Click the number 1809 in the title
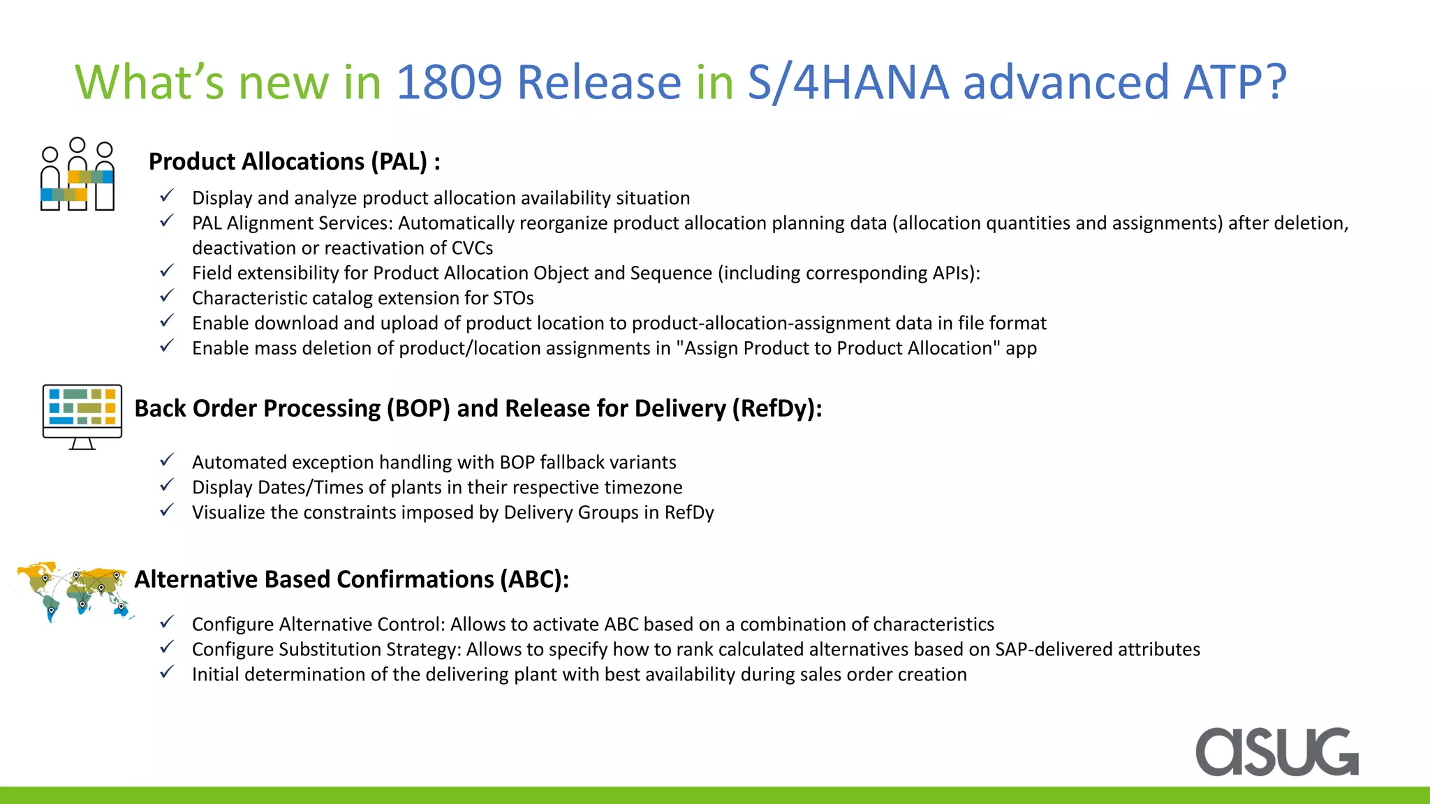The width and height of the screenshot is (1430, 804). coord(449,82)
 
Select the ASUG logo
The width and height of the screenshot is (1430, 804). coord(1276,752)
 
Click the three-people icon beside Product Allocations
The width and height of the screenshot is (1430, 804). coord(77,174)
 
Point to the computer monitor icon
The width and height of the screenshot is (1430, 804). coord(82,416)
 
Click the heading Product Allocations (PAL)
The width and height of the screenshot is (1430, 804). coord(294,162)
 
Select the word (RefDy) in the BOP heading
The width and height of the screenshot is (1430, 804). coord(776,408)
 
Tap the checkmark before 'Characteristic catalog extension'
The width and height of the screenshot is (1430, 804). coord(167,296)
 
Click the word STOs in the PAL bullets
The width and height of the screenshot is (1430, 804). coord(513,298)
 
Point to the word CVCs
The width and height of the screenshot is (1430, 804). coord(472,248)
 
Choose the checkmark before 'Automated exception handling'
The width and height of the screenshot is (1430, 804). coord(167,460)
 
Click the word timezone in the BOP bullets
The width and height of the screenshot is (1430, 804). coord(643,487)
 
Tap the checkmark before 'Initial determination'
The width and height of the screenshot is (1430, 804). coord(167,672)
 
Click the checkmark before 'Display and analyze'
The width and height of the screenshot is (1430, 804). coord(167,196)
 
